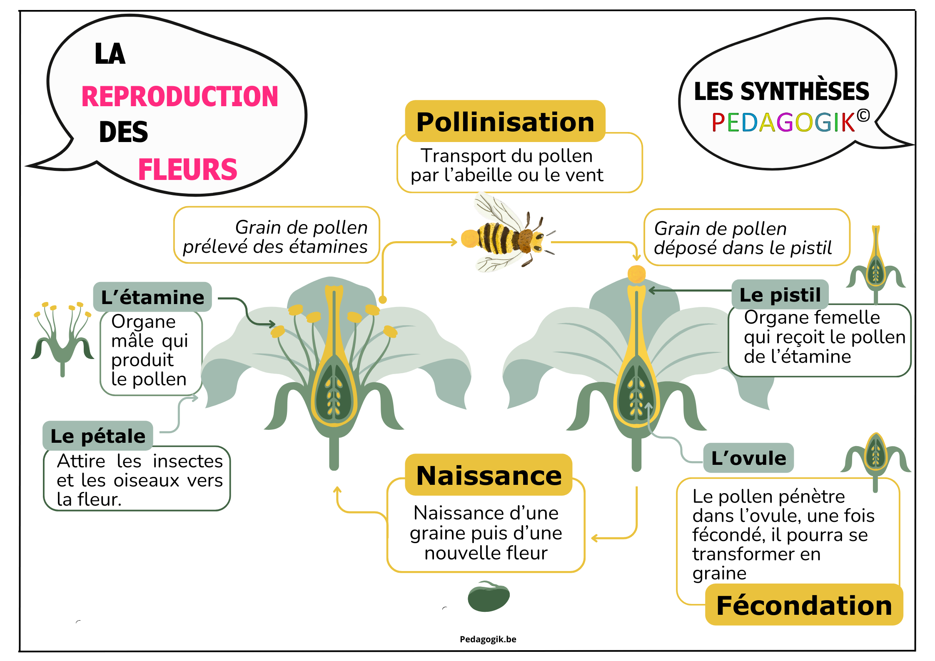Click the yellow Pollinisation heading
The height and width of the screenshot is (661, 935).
[505, 122]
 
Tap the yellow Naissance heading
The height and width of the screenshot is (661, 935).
[489, 475]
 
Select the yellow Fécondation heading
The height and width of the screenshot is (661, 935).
[804, 605]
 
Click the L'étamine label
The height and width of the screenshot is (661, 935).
[152, 297]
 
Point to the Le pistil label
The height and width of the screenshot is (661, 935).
[780, 294]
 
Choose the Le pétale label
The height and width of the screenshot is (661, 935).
[98, 436]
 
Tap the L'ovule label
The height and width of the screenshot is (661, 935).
[748, 458]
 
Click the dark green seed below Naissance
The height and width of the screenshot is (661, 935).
[489, 597]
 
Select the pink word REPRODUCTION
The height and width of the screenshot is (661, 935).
[180, 97]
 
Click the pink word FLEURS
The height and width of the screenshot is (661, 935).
[187, 170]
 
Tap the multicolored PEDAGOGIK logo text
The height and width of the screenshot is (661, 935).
[783, 122]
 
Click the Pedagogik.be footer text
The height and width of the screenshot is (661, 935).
[488, 639]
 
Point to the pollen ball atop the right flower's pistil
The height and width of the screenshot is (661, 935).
[636, 274]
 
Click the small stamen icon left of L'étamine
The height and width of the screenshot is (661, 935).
[62, 337]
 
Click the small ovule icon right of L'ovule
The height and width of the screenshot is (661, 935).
[875, 458]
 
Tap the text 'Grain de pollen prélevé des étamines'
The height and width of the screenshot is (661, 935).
[276, 237]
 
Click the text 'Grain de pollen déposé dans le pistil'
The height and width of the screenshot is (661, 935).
[743, 238]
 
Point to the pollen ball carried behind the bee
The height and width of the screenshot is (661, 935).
[470, 239]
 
